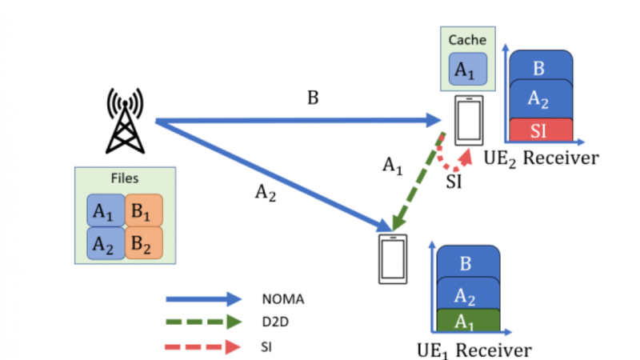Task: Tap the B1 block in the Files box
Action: [x=143, y=211]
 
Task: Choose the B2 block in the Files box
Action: [x=143, y=242]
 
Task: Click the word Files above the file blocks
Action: [x=124, y=178]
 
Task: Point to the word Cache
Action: [x=466, y=40]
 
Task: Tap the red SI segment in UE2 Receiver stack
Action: [x=541, y=128]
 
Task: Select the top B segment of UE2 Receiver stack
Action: [x=541, y=67]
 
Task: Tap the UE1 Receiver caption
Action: [x=474, y=350]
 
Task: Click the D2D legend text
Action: [x=274, y=323]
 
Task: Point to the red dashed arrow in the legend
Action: [x=203, y=347]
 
